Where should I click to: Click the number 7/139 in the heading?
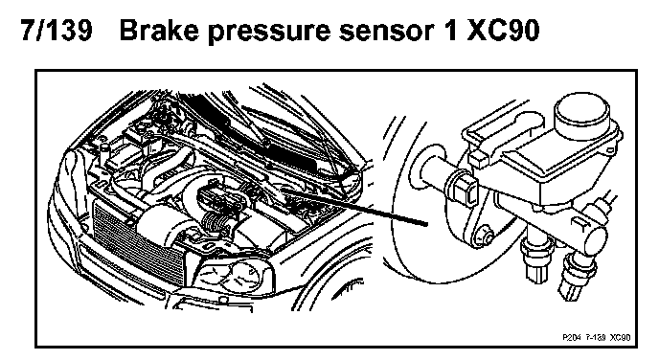57,31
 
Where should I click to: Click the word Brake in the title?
159,31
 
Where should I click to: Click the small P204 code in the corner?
571,337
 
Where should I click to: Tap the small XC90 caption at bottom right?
621,337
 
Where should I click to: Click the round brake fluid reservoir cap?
581,112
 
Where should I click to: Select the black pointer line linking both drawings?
353,206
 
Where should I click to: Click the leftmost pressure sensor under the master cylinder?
533,259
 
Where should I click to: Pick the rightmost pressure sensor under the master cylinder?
577,276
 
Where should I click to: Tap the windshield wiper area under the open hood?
273,139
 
